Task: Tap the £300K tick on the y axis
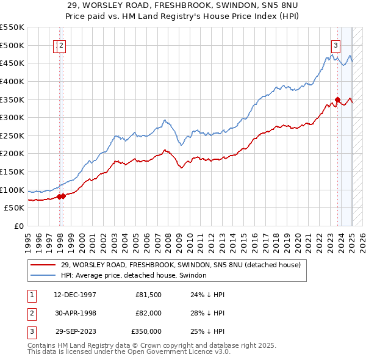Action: [x=12, y=117]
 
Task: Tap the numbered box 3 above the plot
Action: [x=335, y=44]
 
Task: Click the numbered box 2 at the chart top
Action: [x=62, y=44]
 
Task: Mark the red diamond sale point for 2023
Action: [x=337, y=99]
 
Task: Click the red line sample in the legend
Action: [x=43, y=265]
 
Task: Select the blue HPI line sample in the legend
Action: [x=43, y=275]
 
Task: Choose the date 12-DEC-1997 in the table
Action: [x=75, y=295]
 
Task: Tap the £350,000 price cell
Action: [x=146, y=331]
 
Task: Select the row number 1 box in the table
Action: [x=32, y=295]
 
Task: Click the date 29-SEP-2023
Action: [x=75, y=331]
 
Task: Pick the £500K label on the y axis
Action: [x=12, y=45]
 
